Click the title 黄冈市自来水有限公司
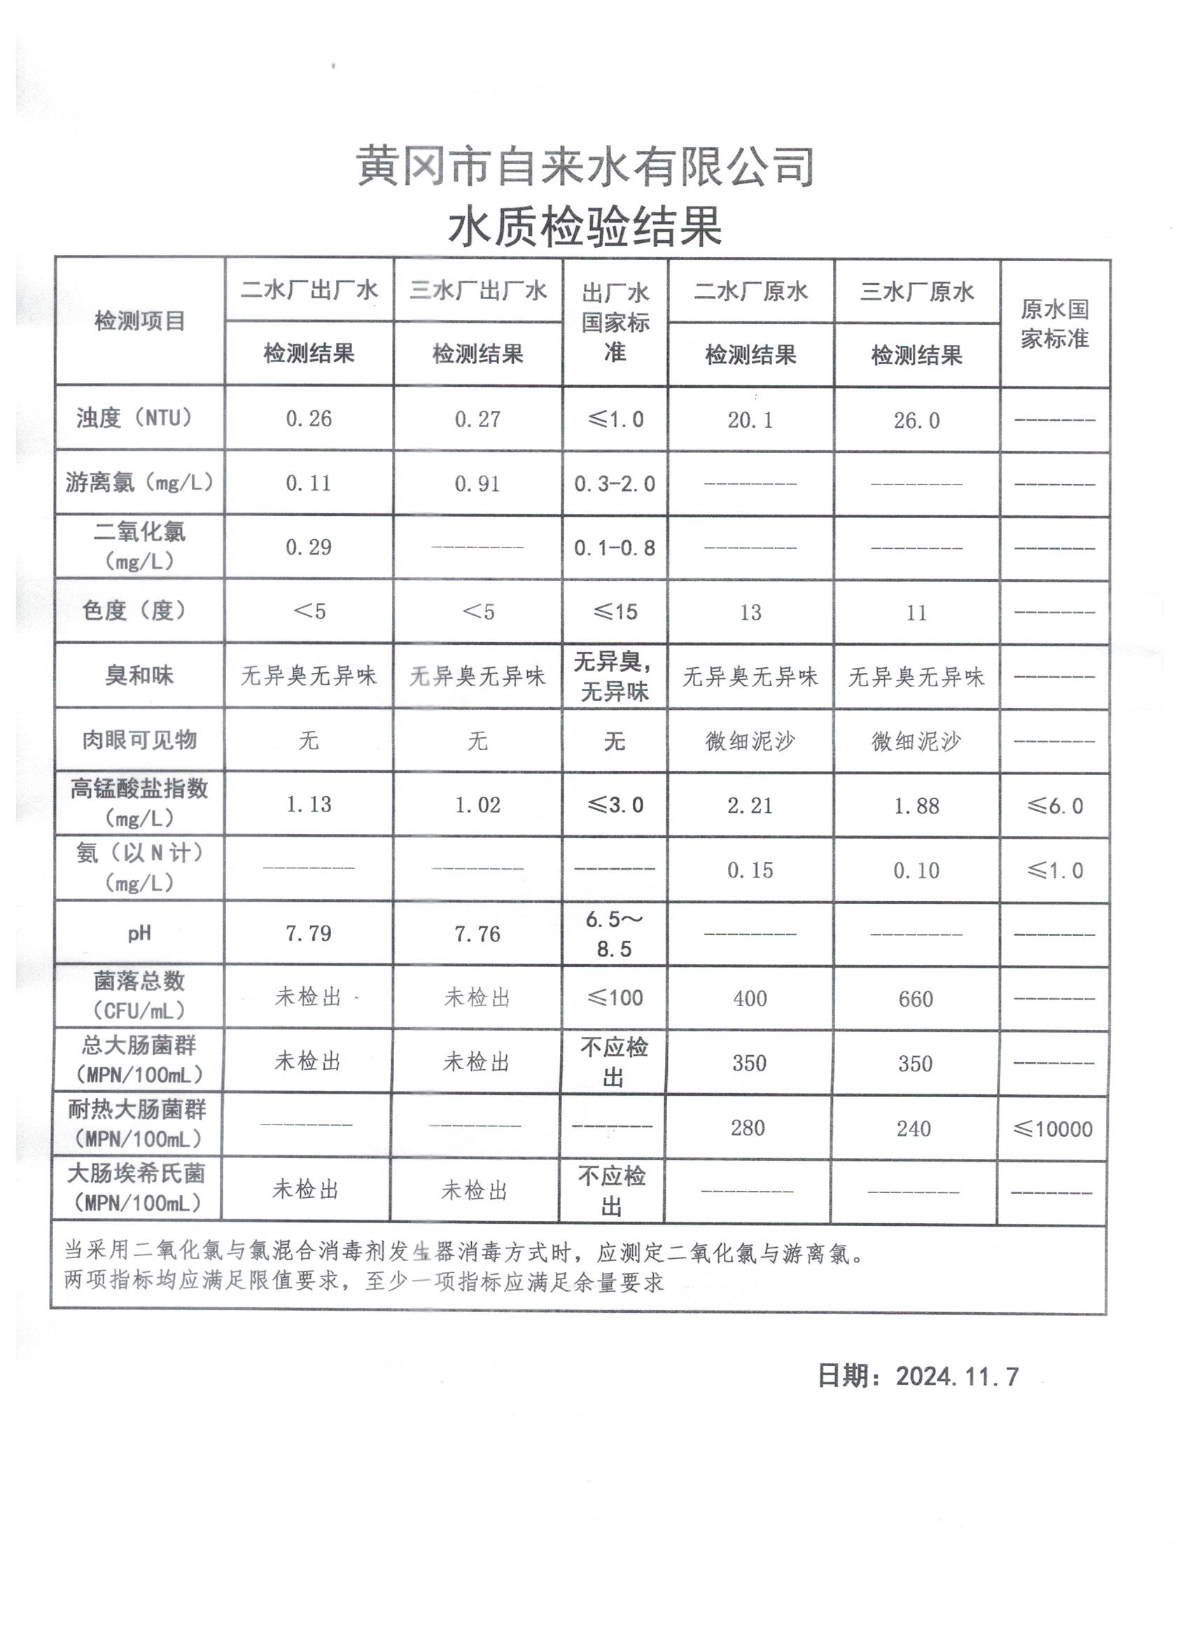tap(585, 167)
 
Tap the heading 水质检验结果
tap(585, 227)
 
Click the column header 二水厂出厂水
tap(309, 290)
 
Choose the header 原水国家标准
tap(1054, 324)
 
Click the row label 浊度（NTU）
tap(139, 418)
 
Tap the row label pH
tap(139, 933)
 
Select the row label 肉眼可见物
tap(139, 740)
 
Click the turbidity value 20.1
tap(750, 420)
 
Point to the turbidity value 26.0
tap(916, 421)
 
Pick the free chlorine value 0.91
tap(477, 484)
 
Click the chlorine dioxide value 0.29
tap(309, 547)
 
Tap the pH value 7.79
tap(309, 933)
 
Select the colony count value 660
tap(916, 999)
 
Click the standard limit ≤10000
tap(1053, 1129)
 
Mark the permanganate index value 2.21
tap(750, 805)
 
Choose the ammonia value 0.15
tap(750, 870)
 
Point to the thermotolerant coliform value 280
tap(748, 1128)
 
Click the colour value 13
tap(750, 613)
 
